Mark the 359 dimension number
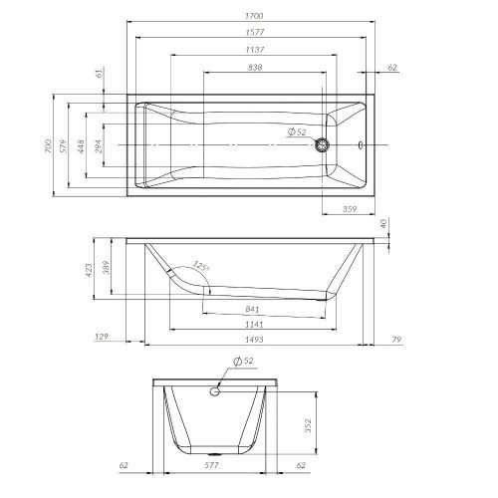tap(350, 209)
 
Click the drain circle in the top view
tap(322, 145)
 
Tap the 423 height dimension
tap(88, 270)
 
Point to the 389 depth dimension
tap(106, 267)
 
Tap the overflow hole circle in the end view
tap(213, 392)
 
